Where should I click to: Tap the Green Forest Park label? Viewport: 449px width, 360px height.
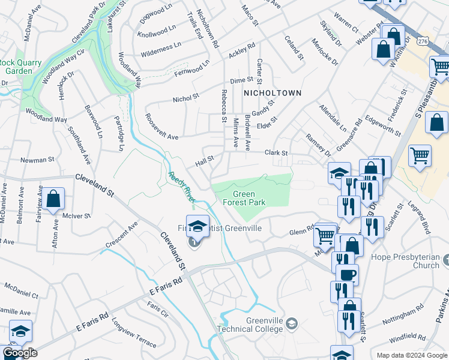(249, 199)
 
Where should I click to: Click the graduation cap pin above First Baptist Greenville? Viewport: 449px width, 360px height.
(197, 226)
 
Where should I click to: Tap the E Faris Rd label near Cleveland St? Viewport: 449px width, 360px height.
(164, 284)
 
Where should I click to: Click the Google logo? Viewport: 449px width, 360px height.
(20, 353)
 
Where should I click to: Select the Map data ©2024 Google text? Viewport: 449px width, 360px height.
(412, 355)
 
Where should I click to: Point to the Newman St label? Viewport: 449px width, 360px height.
(38, 160)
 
